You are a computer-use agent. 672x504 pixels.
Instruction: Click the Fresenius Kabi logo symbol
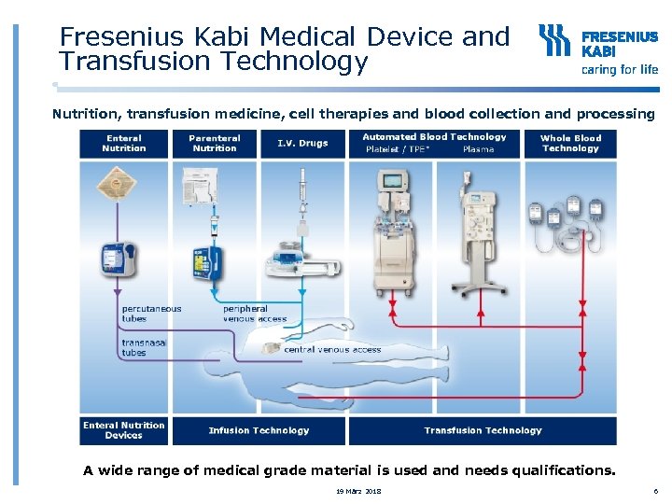[556, 42]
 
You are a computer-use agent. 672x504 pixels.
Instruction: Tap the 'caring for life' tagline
[620, 69]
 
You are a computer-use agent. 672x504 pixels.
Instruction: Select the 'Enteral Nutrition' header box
[124, 143]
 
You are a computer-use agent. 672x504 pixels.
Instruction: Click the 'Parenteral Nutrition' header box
[215, 143]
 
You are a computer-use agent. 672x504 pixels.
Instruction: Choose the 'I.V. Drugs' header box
[302, 143]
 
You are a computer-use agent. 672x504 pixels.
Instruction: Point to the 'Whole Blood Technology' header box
[570, 143]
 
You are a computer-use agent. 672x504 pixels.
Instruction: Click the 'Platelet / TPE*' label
[398, 149]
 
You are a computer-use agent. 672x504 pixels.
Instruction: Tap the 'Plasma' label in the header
[478, 149]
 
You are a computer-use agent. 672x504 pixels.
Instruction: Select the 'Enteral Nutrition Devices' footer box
[124, 430]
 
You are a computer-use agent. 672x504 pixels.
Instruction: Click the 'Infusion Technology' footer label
[259, 430]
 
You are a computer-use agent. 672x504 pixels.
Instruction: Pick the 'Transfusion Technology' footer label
[483, 430]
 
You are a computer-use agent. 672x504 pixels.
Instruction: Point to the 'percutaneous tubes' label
[151, 314]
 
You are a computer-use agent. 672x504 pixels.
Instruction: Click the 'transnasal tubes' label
[144, 347]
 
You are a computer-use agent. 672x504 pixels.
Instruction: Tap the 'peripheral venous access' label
[255, 314]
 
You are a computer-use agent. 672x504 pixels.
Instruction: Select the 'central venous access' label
[332, 349]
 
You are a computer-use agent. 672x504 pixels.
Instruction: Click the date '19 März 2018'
[359, 491]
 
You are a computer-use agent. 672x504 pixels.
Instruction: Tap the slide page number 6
[655, 491]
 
